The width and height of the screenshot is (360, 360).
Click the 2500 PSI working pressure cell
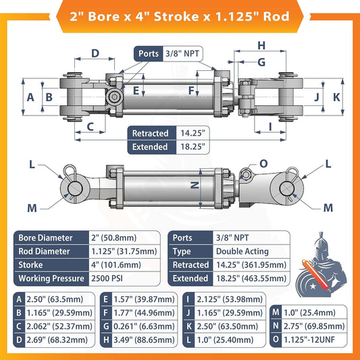click(107, 278)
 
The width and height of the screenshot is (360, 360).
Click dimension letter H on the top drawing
click(262, 46)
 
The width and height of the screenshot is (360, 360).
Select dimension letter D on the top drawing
click(95, 53)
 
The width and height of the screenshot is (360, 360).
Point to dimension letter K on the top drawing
click(336, 97)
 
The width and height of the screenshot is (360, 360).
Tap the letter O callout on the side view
click(263, 163)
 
